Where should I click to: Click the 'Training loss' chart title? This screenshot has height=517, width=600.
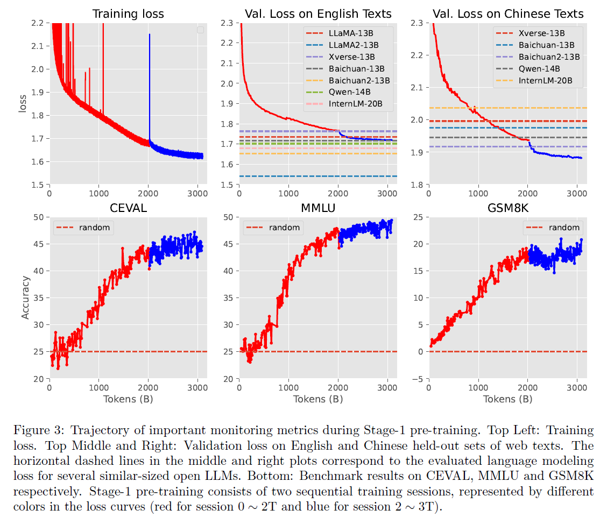pyautogui.click(x=129, y=14)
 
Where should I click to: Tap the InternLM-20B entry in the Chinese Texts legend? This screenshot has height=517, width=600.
pyautogui.click(x=544, y=81)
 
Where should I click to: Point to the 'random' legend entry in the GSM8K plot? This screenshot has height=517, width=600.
pyautogui.click(x=564, y=227)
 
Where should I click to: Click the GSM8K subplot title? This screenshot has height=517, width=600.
pyautogui.click(x=507, y=208)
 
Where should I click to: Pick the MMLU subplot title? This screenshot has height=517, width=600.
pyautogui.click(x=317, y=208)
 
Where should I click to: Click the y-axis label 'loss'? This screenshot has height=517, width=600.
pyautogui.click(x=23, y=103)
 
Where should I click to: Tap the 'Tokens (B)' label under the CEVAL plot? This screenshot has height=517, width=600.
pyautogui.click(x=128, y=399)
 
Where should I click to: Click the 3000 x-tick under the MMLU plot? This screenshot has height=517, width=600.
pyautogui.click(x=387, y=386)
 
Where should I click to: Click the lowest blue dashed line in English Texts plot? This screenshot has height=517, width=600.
pyautogui.click(x=317, y=176)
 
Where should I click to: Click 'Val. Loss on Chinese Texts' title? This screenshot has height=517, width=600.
pyautogui.click(x=507, y=14)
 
